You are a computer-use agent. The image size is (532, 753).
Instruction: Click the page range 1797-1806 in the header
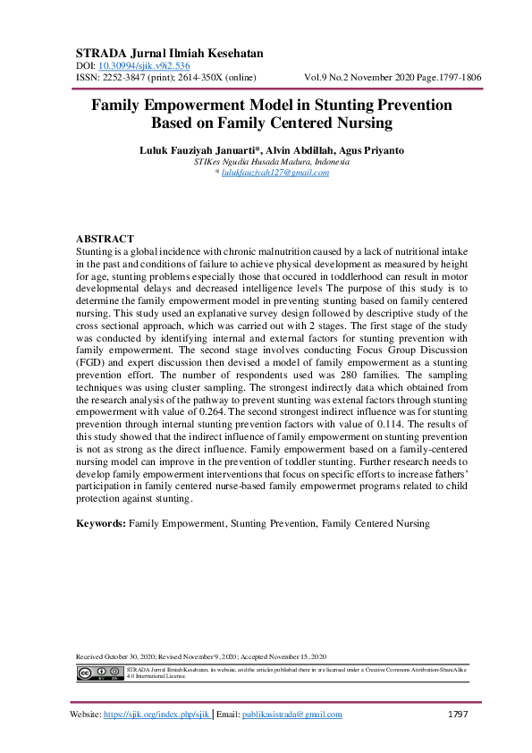(455, 78)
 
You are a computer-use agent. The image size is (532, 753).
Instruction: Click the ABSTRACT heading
(105, 240)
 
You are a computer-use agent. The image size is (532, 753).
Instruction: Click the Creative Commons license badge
(98, 673)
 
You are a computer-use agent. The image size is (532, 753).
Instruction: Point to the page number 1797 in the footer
(459, 715)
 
